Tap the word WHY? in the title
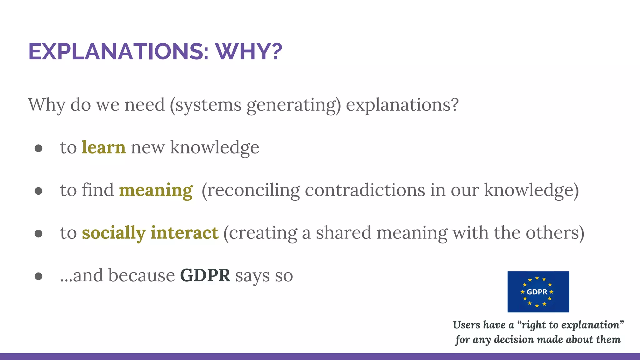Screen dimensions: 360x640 click(248, 52)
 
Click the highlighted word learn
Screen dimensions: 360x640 click(104, 147)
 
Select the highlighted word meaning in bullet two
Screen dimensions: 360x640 click(156, 190)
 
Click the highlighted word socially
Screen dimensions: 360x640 click(114, 233)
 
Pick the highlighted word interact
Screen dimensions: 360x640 click(184, 233)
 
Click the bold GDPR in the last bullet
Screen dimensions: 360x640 click(205, 276)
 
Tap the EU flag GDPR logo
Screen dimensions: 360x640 click(538, 292)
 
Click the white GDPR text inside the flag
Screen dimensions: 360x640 click(537, 292)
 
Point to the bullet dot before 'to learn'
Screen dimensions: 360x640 click(38, 148)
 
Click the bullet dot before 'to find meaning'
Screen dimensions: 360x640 click(38, 191)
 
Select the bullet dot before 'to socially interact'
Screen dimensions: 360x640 click(38, 233)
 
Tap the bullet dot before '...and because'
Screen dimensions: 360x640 click(38, 276)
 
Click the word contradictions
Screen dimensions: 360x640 click(365, 190)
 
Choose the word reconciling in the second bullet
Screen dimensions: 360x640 click(251, 190)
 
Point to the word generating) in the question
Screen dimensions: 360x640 click(293, 105)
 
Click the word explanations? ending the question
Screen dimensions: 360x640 click(402, 105)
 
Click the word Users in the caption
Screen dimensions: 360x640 click(466, 325)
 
